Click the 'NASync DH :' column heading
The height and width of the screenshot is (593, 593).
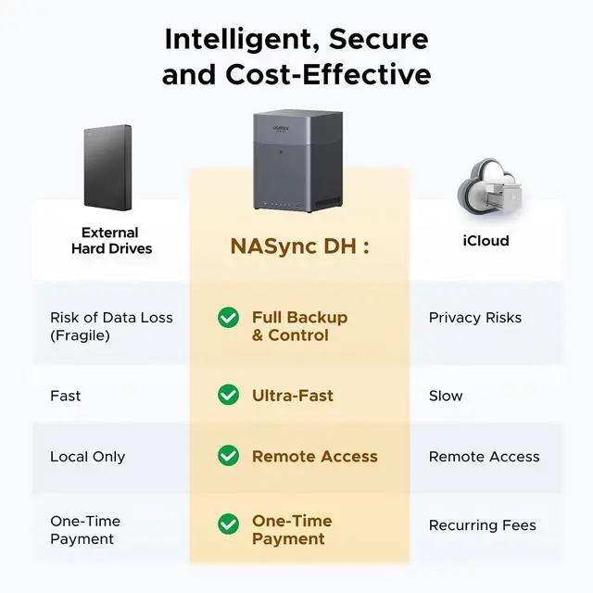(299, 247)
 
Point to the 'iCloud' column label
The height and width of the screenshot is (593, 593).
(486, 241)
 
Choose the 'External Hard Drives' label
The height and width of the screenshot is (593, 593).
(110, 241)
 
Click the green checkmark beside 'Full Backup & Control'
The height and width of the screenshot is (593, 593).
(228, 318)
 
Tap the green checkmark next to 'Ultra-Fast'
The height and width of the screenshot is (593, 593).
(228, 396)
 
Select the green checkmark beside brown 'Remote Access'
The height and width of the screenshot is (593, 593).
(228, 456)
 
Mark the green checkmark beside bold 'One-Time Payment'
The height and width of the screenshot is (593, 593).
(228, 524)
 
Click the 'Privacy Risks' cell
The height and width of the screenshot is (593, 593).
(474, 318)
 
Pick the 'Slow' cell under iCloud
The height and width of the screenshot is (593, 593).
(446, 396)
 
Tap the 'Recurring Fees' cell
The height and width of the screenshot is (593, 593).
(482, 525)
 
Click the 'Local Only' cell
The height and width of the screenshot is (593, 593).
(87, 457)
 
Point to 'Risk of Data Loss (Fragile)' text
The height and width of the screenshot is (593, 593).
(111, 326)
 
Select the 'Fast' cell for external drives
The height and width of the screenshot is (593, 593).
(65, 396)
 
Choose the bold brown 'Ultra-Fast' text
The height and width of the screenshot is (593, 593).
(293, 396)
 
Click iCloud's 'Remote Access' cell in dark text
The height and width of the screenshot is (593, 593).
(484, 457)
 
